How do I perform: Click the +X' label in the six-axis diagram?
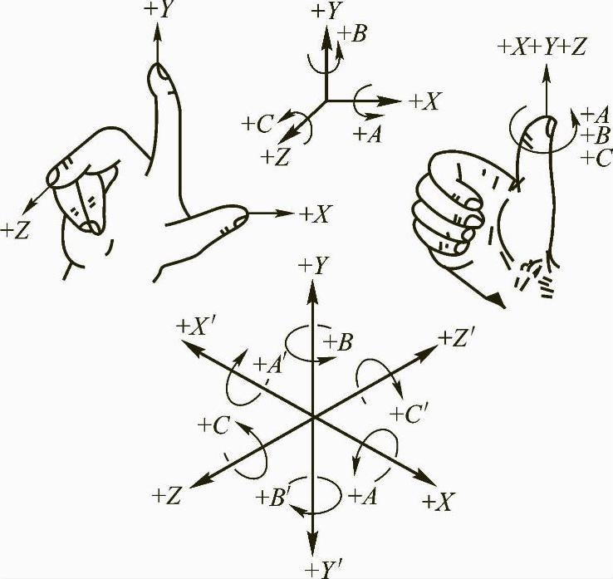[198, 326]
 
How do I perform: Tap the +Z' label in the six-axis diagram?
[459, 338]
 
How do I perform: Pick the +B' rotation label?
[272, 498]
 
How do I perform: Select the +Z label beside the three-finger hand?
[17, 230]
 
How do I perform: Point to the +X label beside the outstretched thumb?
[316, 214]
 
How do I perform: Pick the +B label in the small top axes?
[354, 34]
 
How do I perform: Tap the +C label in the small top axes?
[258, 124]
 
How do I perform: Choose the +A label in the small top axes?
[366, 133]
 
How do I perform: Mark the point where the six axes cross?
[311, 417]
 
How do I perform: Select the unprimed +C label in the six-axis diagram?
[214, 425]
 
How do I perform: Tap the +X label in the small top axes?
[425, 102]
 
